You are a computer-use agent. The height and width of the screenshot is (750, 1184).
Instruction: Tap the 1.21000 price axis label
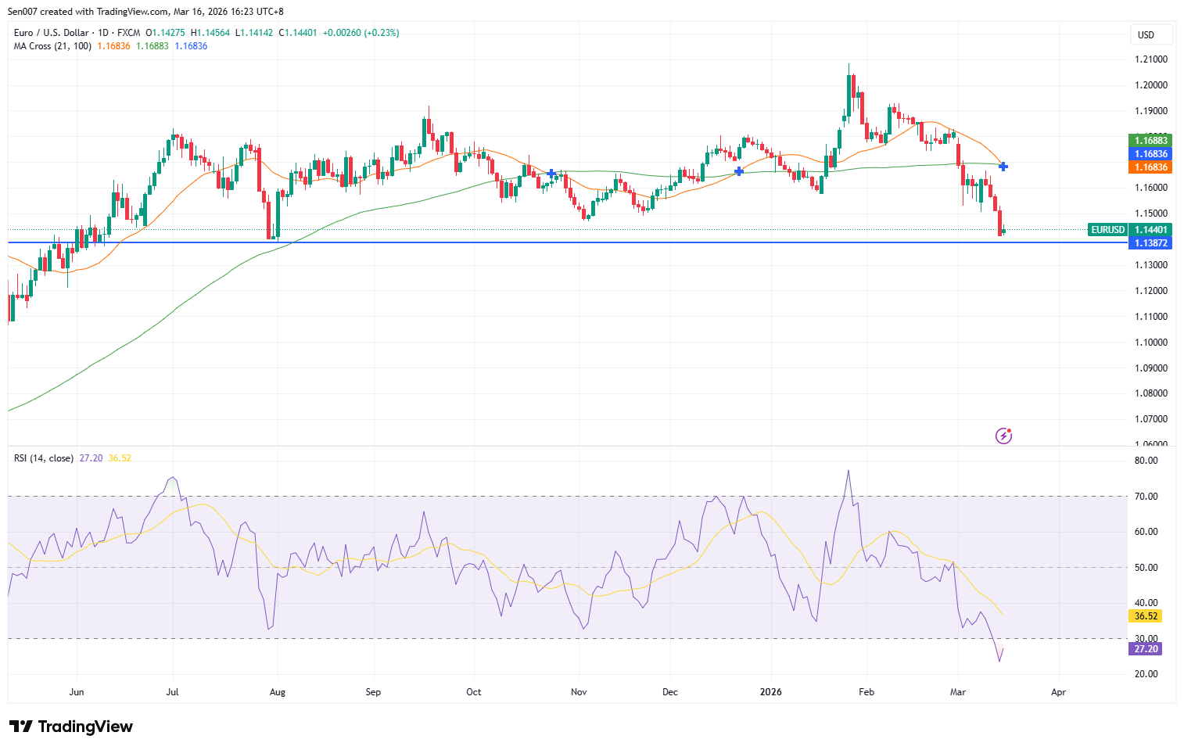tap(1150, 59)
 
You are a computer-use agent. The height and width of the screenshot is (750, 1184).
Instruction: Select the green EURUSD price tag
tap(1108, 230)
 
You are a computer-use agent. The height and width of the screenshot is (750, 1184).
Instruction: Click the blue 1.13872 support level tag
tap(1151, 243)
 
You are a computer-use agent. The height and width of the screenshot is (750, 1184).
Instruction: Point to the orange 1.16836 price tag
tap(1151, 167)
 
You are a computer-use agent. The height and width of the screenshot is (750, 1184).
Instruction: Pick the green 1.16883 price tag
tap(1151, 141)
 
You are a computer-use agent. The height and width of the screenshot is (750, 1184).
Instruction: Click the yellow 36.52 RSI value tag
tap(1146, 616)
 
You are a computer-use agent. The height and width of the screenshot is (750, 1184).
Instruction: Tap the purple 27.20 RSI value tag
tap(1146, 649)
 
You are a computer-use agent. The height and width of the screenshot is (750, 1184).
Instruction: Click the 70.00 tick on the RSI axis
tap(1146, 497)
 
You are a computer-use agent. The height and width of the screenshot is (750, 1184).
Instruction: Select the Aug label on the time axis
tap(277, 692)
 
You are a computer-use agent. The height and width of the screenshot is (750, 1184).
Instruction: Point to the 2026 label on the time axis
tap(771, 692)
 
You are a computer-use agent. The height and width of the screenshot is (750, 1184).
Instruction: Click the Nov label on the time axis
tap(579, 692)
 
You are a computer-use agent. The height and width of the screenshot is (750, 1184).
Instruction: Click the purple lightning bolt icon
tap(1003, 436)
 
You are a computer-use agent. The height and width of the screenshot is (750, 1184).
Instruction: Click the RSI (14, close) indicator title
tap(44, 458)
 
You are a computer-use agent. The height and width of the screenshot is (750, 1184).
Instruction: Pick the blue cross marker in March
tap(1003, 167)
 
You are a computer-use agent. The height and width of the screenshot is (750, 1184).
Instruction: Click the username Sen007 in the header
tap(23, 12)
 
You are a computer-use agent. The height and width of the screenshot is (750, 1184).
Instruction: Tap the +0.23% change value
tap(382, 33)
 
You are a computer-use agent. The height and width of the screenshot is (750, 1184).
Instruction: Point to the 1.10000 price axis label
tap(1150, 343)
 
